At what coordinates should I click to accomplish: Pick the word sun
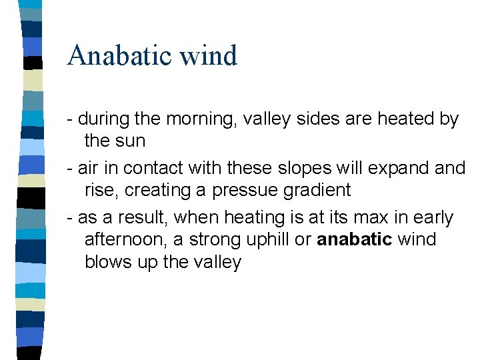coord(130,141)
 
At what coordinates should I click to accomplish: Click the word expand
coord(397,169)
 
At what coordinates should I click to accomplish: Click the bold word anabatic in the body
coord(354,239)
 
